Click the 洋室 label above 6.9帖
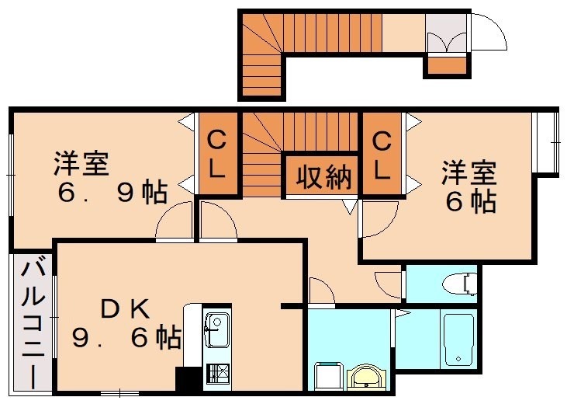click(80, 165)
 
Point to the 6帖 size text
click(469, 201)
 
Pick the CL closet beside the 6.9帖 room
click(217, 155)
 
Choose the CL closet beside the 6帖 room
click(382, 155)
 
